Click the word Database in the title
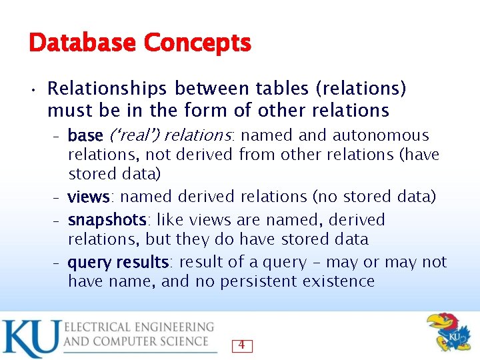pos(82,44)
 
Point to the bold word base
pos(85,136)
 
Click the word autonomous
pos(381,135)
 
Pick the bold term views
pos(89,197)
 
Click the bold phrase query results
pos(118,263)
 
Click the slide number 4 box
pos(241,345)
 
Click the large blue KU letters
pos(29,339)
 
